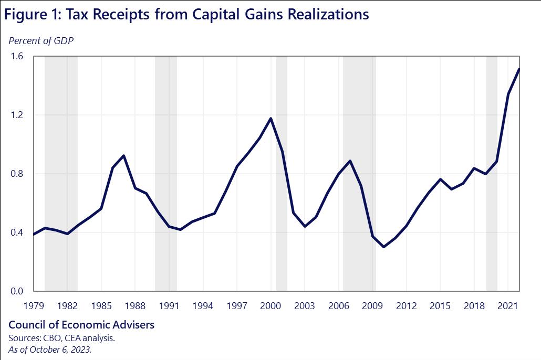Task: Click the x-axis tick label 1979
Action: [x=34, y=305]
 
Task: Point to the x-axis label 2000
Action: [x=271, y=305]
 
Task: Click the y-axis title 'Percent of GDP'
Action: [x=41, y=41]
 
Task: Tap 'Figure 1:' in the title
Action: [x=31, y=14]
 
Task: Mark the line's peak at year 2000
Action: [x=271, y=118]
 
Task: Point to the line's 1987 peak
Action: [x=123, y=155]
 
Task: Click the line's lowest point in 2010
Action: [x=384, y=247]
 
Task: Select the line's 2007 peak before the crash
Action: [x=350, y=161]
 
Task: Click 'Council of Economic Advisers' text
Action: [x=81, y=325]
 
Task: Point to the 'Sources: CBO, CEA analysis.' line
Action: [x=61, y=338]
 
